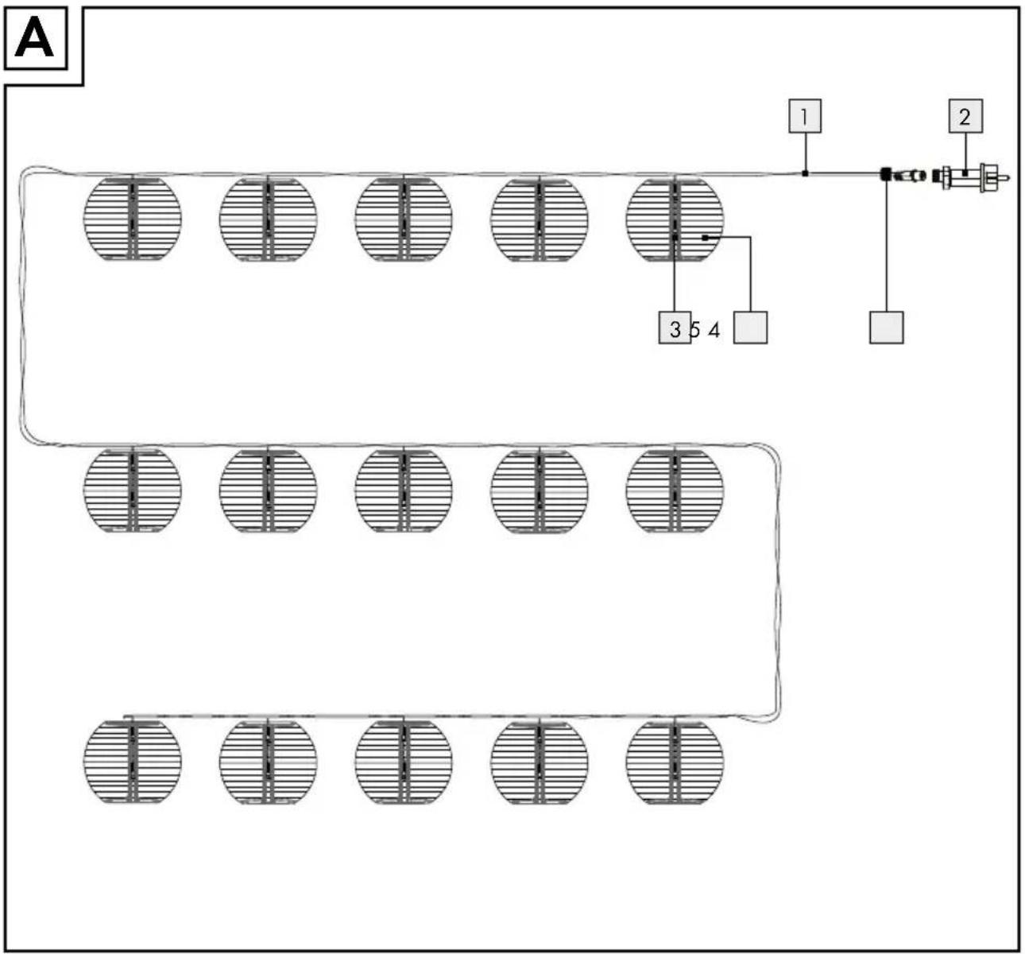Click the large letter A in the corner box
[x=34, y=37]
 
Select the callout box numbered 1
[x=805, y=116]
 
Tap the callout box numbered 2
[x=965, y=116]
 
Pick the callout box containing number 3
[x=675, y=328]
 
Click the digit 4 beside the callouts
[x=714, y=330]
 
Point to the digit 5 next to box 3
[x=694, y=330]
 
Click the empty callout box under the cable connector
[x=886, y=328]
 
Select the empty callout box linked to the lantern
[x=750, y=328]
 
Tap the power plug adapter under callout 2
[x=970, y=178]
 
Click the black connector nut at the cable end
[x=886, y=174]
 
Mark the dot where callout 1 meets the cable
[x=805, y=173]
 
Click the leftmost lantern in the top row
[x=133, y=218]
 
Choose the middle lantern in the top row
[x=404, y=218]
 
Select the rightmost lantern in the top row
[x=675, y=218]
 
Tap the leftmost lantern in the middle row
[x=133, y=489]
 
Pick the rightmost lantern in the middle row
[x=675, y=489]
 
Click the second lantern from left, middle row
[x=269, y=489]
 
